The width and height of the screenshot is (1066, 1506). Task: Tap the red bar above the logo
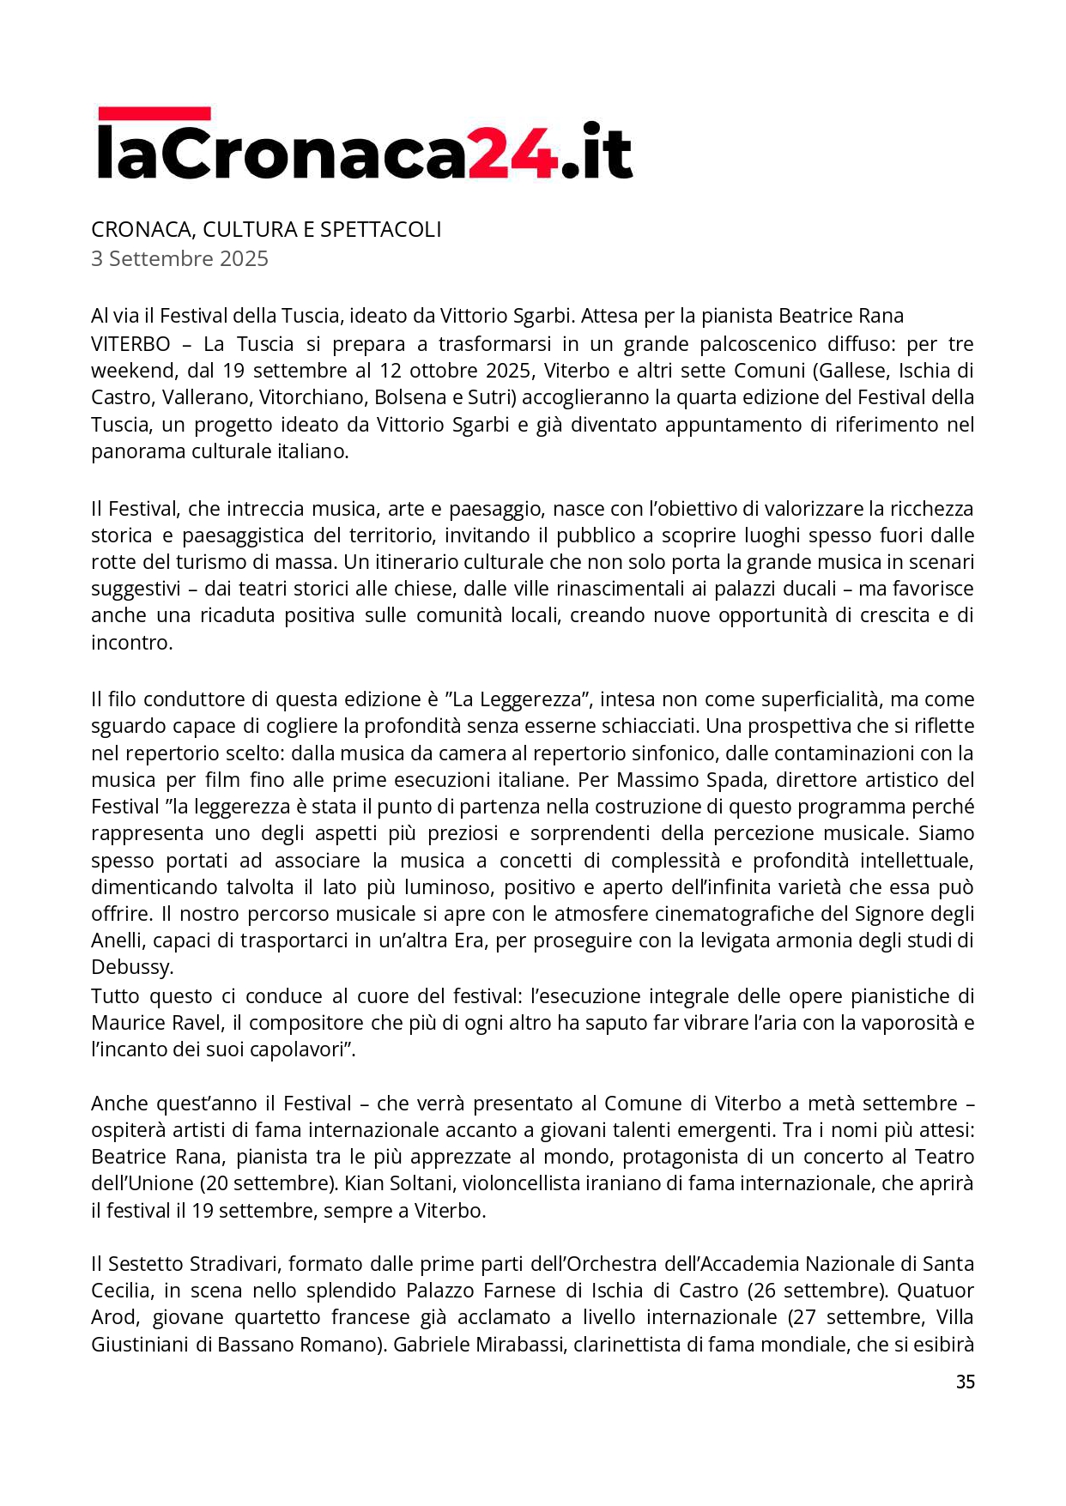click(x=154, y=113)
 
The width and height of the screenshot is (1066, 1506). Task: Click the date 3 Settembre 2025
click(x=179, y=258)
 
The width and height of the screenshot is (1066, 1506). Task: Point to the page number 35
click(x=965, y=1382)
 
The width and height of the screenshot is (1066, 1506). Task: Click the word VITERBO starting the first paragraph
click(x=130, y=344)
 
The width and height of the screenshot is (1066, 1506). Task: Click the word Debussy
click(x=131, y=967)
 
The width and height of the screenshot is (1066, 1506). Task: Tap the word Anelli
click(x=118, y=940)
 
